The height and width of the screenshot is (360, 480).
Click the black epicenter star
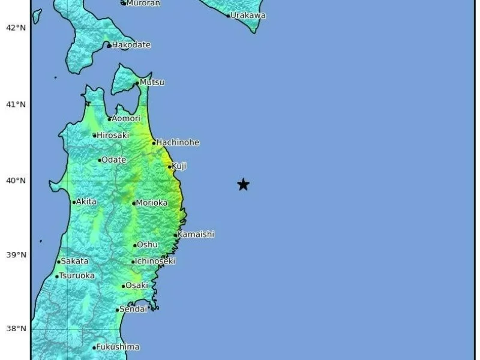(x=243, y=185)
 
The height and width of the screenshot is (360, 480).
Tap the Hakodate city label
(x=132, y=45)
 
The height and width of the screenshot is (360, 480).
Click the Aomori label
(x=126, y=119)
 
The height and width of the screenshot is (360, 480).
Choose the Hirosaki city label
(x=113, y=136)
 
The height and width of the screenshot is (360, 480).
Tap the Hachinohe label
(x=178, y=143)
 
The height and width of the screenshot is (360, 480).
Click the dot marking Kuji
(x=170, y=166)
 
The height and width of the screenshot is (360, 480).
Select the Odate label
(x=114, y=160)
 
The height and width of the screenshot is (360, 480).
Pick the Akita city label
(x=88, y=202)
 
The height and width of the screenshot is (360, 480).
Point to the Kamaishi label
(x=196, y=235)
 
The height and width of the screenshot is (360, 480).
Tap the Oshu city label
(x=148, y=245)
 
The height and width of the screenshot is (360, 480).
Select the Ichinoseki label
(x=155, y=262)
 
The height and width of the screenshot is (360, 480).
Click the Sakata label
(x=75, y=261)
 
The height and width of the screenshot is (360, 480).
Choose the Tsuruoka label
(x=77, y=276)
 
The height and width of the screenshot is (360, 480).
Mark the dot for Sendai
(x=118, y=310)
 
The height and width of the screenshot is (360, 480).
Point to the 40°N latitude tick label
(x=16, y=181)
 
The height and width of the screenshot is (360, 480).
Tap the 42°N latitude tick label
(x=16, y=28)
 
